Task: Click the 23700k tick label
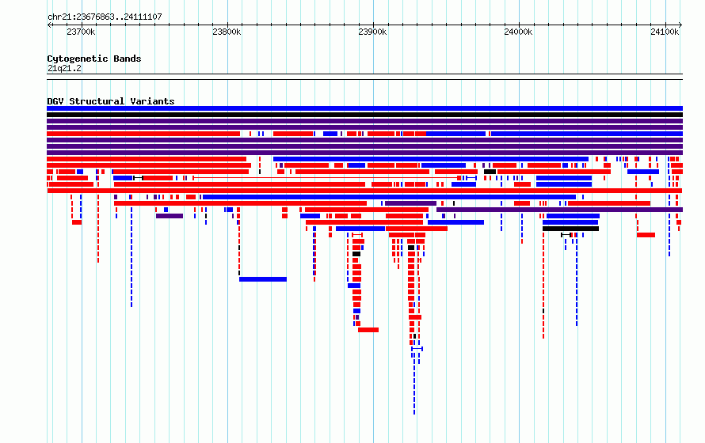81,32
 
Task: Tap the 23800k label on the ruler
227,32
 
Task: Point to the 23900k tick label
372,32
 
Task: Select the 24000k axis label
518,32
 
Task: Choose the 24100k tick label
665,32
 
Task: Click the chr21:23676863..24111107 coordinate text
105,17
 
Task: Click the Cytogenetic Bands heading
94,59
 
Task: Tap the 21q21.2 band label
64,68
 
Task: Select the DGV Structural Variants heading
111,101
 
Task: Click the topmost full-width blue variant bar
364,108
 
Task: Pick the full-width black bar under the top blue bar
364,115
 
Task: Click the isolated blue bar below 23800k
263,279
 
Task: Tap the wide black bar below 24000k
570,229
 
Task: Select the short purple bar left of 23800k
170,216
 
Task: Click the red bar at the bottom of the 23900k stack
368,330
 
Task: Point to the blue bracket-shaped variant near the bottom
417,349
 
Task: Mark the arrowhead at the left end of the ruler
48,25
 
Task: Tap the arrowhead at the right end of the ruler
680,25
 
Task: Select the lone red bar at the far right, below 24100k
646,235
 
